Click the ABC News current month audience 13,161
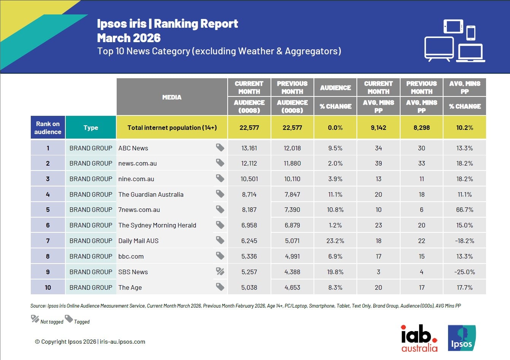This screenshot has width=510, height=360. coord(249,148)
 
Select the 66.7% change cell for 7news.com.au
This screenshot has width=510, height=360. coord(464,210)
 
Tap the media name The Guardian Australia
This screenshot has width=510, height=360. coord(151,194)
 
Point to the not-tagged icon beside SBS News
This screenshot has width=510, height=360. coord(220,271)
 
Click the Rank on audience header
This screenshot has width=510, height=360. coord(48,128)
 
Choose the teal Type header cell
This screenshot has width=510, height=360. coord(91,128)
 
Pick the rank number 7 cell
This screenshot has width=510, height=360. coord(48,241)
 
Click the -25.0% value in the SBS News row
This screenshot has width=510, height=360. coord(464,272)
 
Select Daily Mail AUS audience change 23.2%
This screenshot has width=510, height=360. coord(336,241)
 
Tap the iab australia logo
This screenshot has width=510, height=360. coord(419,338)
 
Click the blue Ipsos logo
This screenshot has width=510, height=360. coord(462,338)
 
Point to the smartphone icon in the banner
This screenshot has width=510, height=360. coord(471,33)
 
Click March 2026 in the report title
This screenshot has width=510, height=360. coord(129,38)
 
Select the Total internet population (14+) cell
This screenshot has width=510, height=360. coord(172,128)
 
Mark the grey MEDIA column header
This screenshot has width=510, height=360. coord(172,97)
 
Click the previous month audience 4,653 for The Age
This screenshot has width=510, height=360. coord(292,287)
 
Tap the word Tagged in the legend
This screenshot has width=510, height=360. coord(82,322)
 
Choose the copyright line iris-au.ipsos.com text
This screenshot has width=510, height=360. coord(122,342)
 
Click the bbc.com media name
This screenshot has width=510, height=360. coord(131,256)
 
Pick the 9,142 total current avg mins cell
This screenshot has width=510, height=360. coord(379,128)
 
